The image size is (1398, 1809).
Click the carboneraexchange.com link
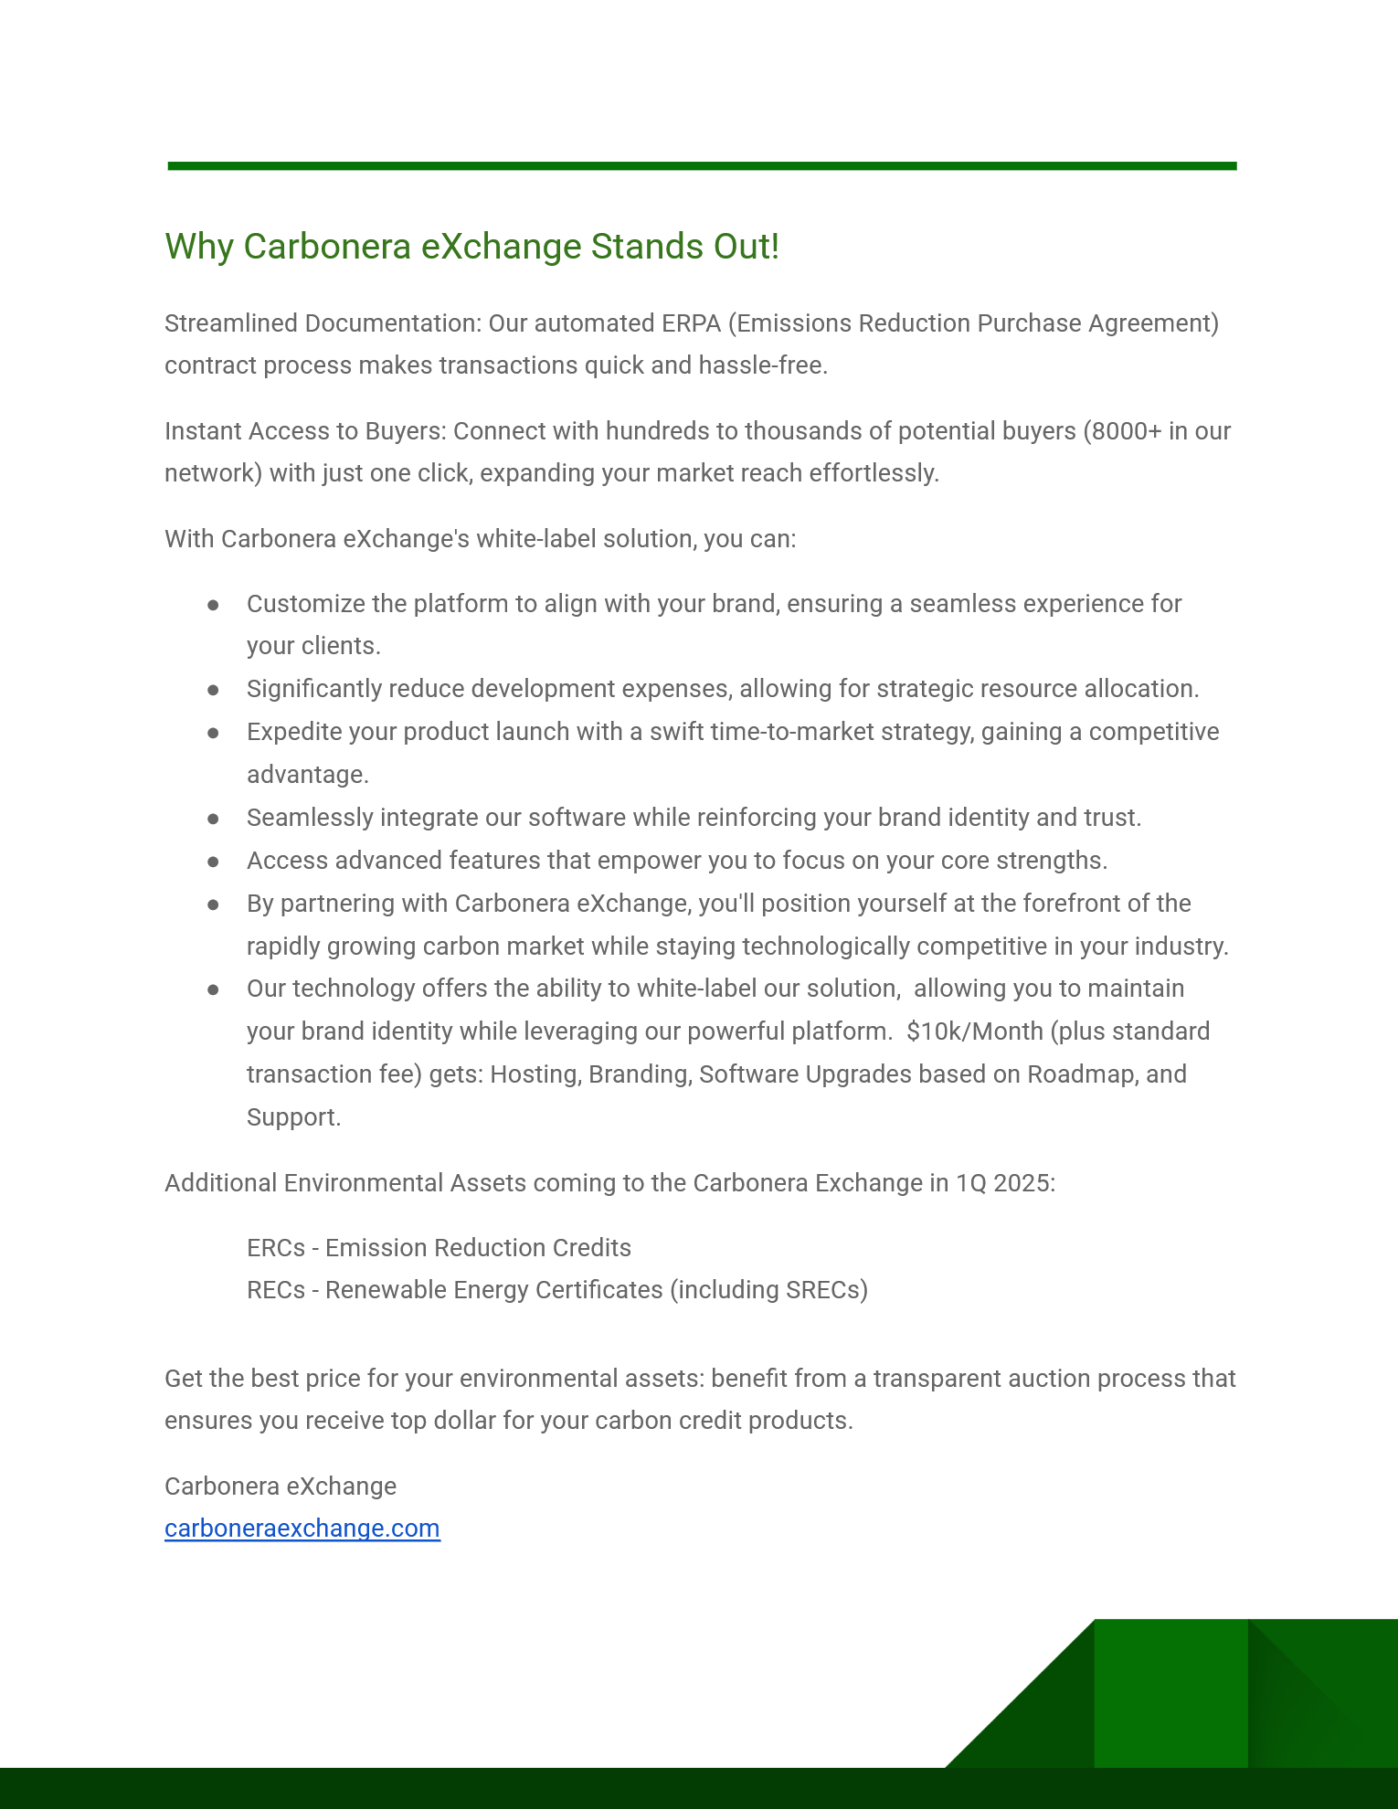click(302, 1529)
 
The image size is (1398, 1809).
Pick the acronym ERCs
click(276, 1248)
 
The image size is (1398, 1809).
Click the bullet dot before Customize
click(213, 605)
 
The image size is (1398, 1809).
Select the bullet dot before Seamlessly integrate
click(213, 819)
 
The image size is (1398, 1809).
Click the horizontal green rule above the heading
click(702, 166)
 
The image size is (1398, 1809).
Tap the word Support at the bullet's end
click(292, 1117)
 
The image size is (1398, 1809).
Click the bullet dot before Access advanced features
click(213, 862)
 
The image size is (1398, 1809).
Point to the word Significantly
click(314, 689)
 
